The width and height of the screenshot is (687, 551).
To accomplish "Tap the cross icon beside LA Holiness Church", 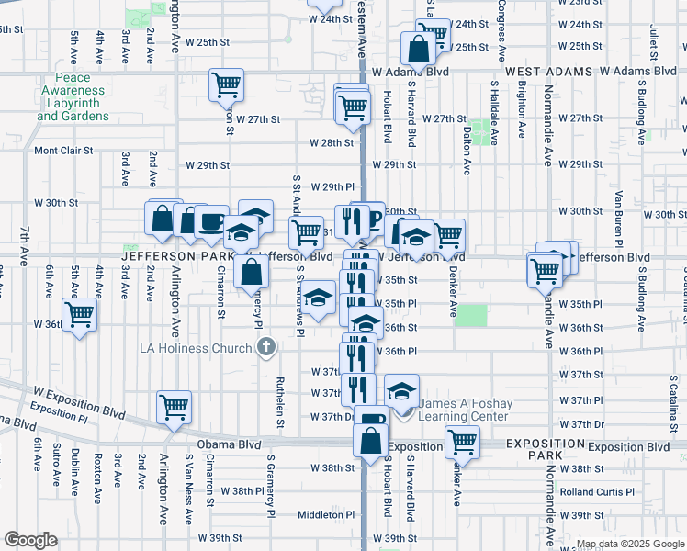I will click(x=265, y=347).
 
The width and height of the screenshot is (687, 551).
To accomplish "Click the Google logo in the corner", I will click(x=30, y=540).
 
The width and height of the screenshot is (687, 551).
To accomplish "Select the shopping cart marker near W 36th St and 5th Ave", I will click(x=80, y=314).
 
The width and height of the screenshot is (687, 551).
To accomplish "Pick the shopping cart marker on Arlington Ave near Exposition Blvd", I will click(x=174, y=406).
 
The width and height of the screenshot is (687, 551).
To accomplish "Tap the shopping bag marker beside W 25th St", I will click(x=418, y=48).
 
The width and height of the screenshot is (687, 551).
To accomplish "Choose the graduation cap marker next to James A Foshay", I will click(x=401, y=391).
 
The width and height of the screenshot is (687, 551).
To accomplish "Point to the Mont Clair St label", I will click(x=63, y=151).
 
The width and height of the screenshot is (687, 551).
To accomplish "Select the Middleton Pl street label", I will click(x=326, y=514).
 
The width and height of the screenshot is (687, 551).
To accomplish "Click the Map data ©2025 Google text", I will click(x=630, y=544).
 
